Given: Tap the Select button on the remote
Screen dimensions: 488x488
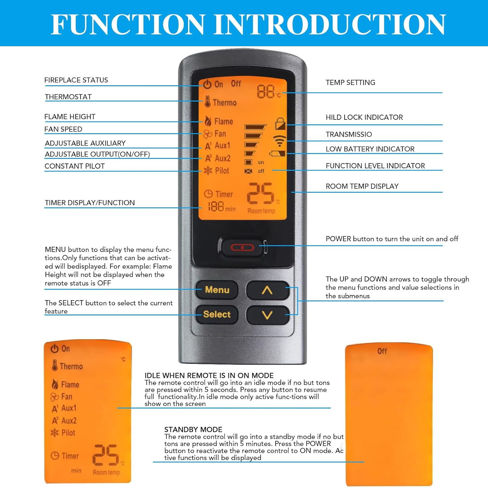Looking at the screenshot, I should (x=217, y=314).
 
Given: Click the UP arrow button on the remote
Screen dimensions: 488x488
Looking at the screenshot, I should (x=267, y=290).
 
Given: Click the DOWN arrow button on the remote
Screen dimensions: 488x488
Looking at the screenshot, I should (x=267, y=315).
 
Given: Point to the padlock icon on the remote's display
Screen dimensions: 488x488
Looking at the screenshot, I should (x=280, y=124).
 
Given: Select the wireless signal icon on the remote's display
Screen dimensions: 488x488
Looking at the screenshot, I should (x=279, y=140).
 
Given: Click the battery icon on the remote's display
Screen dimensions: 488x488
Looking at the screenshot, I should (x=278, y=154).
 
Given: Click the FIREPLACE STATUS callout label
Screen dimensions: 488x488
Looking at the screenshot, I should (x=76, y=80).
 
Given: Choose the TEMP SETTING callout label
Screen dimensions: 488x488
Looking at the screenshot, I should (x=350, y=83).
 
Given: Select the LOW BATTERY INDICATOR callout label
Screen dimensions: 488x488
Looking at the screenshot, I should (x=370, y=149).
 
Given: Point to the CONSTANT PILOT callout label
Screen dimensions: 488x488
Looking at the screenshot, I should (x=75, y=166).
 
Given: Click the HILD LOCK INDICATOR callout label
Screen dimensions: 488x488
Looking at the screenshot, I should (x=364, y=118).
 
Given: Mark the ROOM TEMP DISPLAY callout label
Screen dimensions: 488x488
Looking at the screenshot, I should (x=362, y=186).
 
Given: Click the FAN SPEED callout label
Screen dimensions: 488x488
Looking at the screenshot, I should (x=63, y=129).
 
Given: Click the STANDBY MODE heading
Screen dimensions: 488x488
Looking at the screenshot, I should (x=193, y=429).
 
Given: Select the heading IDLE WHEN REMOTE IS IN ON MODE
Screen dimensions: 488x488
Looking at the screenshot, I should (x=209, y=375).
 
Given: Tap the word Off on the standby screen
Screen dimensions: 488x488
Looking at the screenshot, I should (x=382, y=351).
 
